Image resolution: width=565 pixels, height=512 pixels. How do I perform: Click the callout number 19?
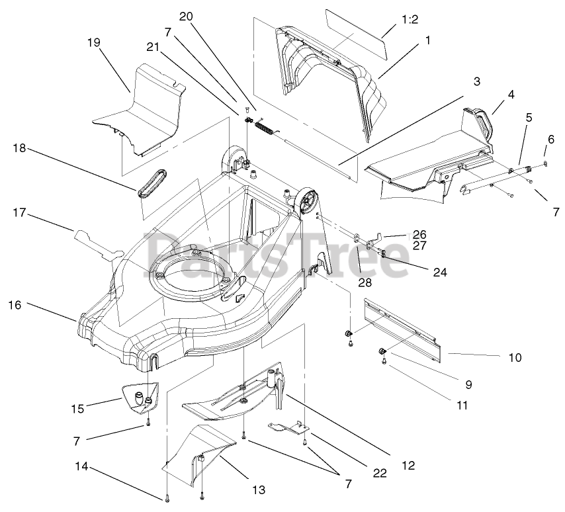pyautogui.click(x=93, y=42)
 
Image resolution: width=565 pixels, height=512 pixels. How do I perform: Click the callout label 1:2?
pyautogui.click(x=410, y=20)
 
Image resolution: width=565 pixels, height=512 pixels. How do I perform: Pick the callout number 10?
pyautogui.click(x=515, y=357)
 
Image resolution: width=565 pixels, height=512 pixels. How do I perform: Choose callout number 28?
pyautogui.click(x=365, y=282)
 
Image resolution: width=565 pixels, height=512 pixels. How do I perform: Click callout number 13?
pyautogui.click(x=258, y=490)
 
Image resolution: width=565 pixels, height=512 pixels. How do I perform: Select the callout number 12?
pyautogui.click(x=408, y=466)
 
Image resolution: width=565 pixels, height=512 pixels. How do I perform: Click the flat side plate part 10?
pyautogui.click(x=404, y=331)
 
